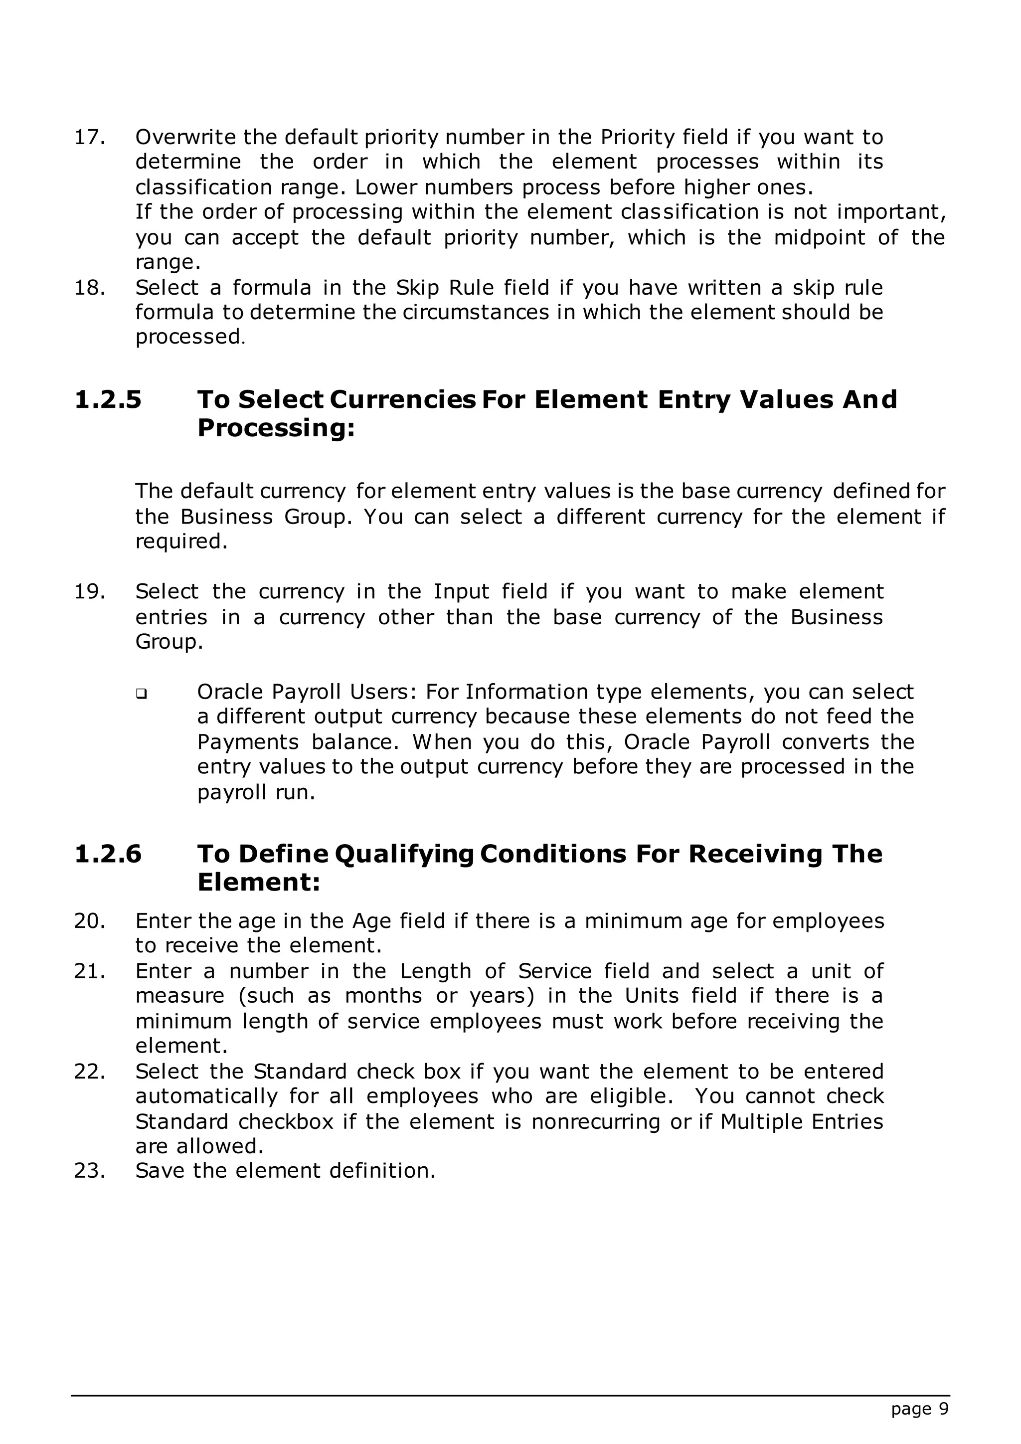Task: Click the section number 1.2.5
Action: tap(108, 400)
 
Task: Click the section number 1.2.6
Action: tap(108, 854)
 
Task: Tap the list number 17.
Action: tap(89, 137)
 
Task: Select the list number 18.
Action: tap(89, 288)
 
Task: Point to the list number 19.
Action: tap(89, 592)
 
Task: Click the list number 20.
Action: tap(89, 921)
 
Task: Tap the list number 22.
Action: tap(89, 1071)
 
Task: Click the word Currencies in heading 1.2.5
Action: tap(402, 400)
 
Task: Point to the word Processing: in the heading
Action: tap(276, 428)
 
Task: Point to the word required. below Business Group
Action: tap(181, 541)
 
